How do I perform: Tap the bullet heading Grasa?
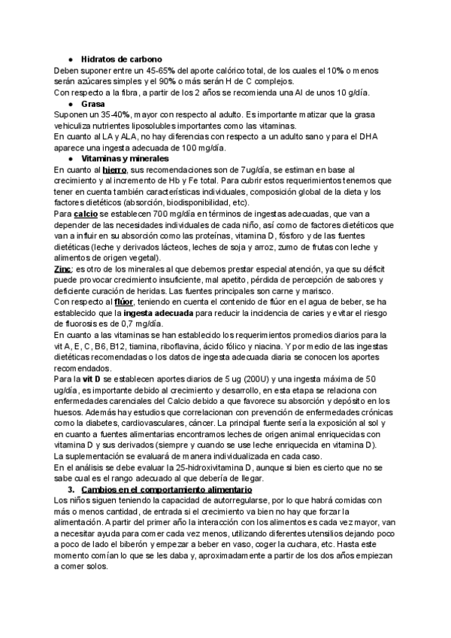92,104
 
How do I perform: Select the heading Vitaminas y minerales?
125,159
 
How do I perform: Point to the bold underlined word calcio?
86,214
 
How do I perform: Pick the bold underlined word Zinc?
63,269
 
